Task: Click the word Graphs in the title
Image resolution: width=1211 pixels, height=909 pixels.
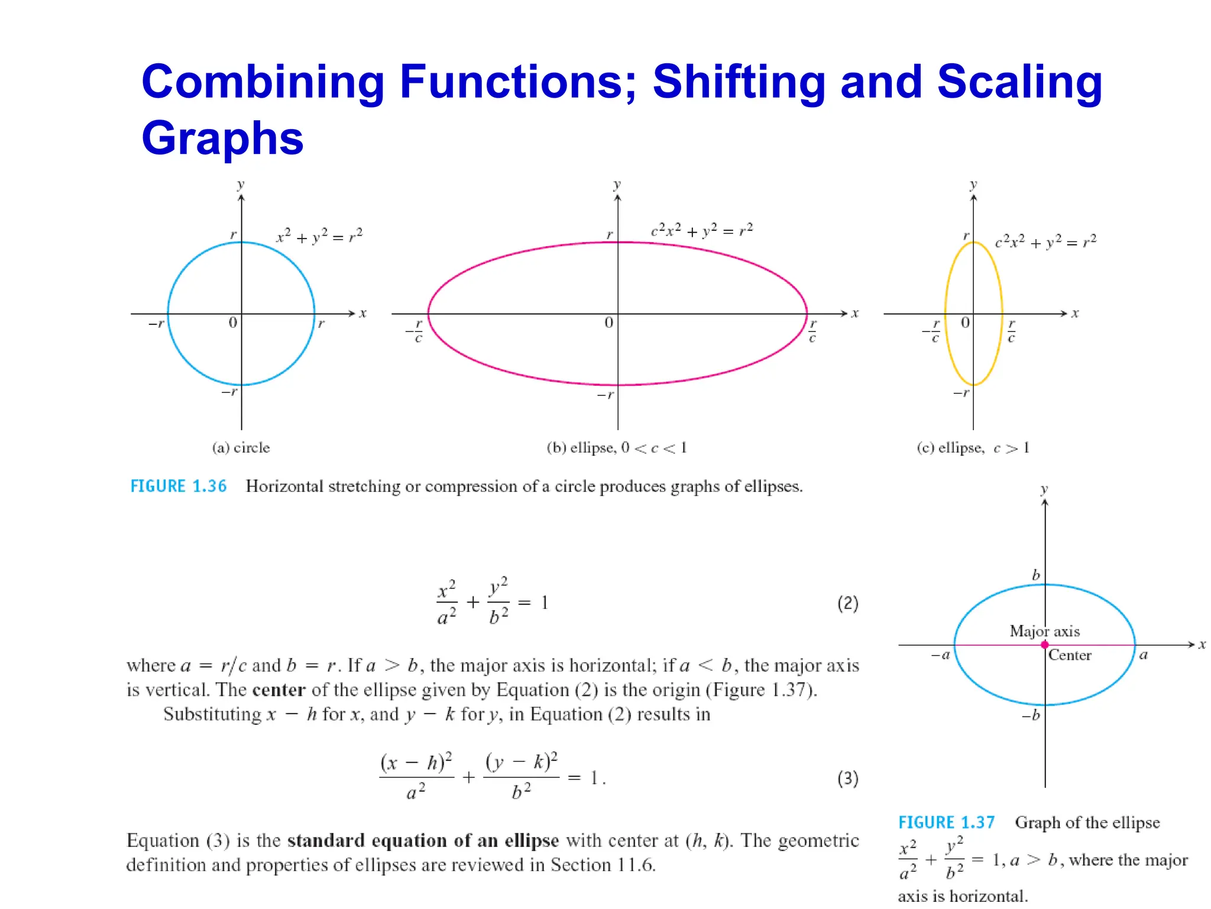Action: point(222,138)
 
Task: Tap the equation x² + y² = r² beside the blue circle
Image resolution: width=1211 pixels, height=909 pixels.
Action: point(319,236)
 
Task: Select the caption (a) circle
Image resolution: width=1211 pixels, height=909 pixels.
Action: point(241,448)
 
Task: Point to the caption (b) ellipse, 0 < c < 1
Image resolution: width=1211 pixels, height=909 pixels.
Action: point(617,448)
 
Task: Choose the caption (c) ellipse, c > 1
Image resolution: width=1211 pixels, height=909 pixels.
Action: point(973,448)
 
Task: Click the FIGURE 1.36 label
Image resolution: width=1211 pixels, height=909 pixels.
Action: point(178,486)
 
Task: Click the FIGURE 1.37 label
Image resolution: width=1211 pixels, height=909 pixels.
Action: point(946,823)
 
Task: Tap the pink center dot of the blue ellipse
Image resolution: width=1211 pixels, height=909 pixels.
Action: point(1045,644)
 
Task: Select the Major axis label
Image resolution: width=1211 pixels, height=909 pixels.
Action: point(1044,631)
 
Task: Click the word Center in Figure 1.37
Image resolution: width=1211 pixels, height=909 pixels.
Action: point(1070,655)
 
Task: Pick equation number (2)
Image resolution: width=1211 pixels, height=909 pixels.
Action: point(847,603)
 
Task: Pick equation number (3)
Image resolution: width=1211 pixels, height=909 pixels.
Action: point(847,778)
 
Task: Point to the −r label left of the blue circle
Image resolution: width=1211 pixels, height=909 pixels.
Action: point(156,324)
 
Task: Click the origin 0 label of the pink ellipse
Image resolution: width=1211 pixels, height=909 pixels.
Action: point(608,323)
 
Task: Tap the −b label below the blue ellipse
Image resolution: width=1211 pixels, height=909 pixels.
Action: point(1031,715)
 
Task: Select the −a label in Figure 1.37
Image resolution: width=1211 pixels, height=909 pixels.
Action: point(940,655)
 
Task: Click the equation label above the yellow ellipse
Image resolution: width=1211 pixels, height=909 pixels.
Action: point(1045,241)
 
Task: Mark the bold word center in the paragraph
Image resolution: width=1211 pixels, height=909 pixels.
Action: point(279,690)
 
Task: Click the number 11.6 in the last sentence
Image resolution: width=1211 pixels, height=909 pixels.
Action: point(635,865)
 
